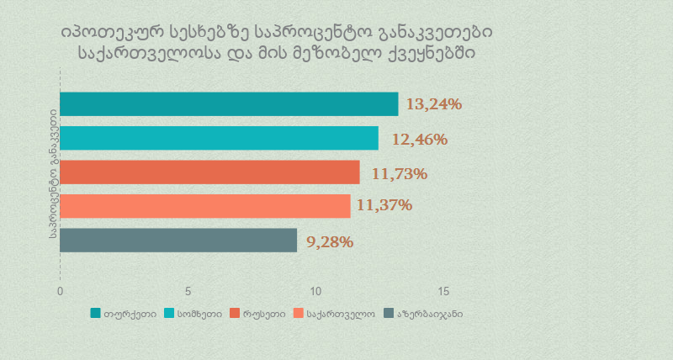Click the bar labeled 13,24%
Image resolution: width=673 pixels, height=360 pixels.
pyautogui.click(x=229, y=104)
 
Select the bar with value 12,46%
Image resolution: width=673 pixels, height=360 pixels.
pyautogui.click(x=219, y=138)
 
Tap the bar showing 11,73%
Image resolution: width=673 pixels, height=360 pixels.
pyautogui.click(x=209, y=172)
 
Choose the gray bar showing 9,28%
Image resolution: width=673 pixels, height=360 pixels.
pyautogui.click(x=178, y=241)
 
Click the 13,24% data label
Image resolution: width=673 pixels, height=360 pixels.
pyautogui.click(x=434, y=104)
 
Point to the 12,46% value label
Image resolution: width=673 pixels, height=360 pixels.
pyautogui.click(x=419, y=139)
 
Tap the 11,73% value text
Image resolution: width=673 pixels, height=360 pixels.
pyautogui.click(x=400, y=174)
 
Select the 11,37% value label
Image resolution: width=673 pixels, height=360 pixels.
pyautogui.click(x=384, y=204)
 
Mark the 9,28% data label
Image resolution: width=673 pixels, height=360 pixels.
pyautogui.click(x=330, y=242)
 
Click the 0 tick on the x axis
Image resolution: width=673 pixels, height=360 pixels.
pyautogui.click(x=60, y=291)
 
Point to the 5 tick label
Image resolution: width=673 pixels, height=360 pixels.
pyautogui.click(x=188, y=291)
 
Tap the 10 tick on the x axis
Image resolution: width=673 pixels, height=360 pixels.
pyautogui.click(x=316, y=291)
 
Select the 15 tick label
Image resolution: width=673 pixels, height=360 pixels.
pyautogui.click(x=444, y=291)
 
